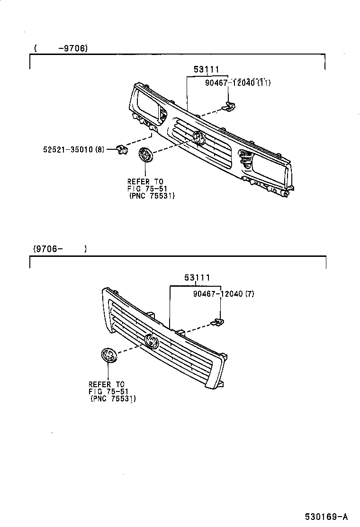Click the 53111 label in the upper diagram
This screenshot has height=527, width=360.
point(206,70)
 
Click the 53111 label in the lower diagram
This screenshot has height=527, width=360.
point(197,278)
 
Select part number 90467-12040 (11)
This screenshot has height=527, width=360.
point(238,83)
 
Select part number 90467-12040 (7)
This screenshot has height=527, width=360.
point(224,294)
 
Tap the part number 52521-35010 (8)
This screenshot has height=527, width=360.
point(72,150)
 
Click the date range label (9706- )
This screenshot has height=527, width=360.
point(60,249)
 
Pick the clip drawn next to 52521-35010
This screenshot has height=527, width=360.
point(121,150)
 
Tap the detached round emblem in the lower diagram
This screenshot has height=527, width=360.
point(108,355)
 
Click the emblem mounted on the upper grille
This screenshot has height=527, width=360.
point(198,137)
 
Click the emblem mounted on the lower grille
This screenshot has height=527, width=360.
point(152,341)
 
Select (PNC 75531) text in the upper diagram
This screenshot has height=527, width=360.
point(151,196)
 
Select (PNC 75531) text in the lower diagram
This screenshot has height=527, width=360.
point(113,399)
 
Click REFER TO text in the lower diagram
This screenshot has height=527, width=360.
point(106,384)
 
